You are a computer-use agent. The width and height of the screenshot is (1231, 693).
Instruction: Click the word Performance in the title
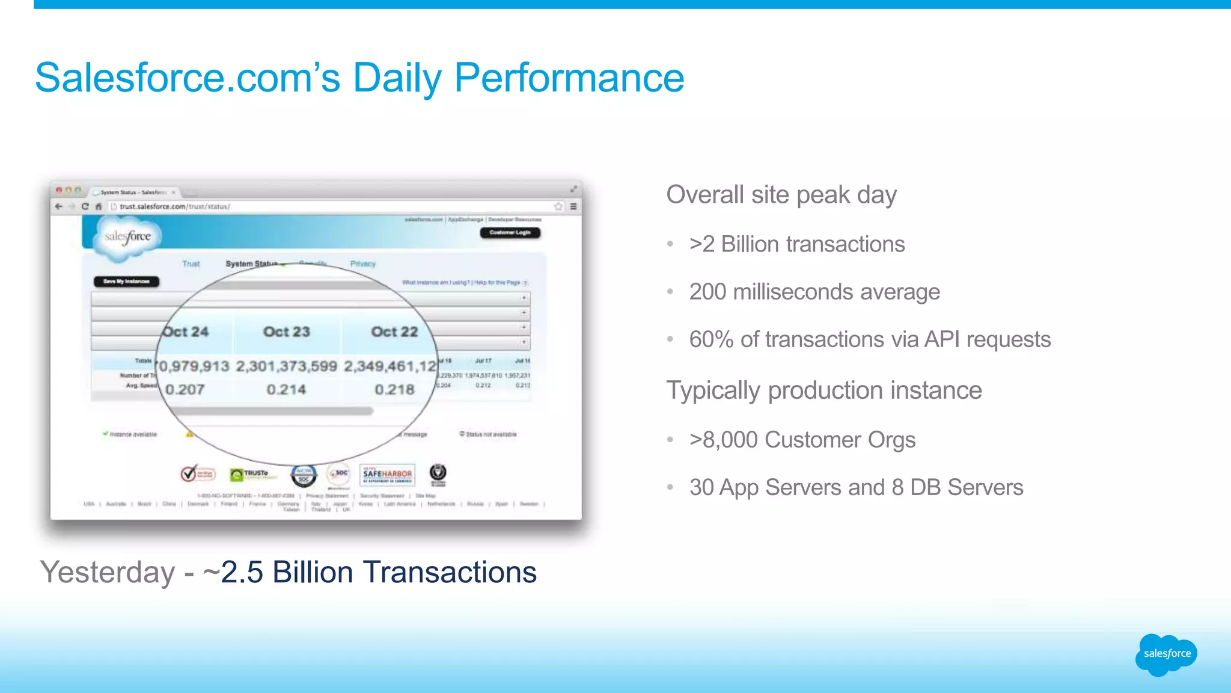[569, 78]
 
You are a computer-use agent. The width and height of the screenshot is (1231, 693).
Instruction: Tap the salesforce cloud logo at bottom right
[1166, 654]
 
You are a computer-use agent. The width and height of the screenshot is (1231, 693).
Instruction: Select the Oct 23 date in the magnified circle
[286, 331]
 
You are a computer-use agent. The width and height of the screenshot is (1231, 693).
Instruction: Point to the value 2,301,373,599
[286, 366]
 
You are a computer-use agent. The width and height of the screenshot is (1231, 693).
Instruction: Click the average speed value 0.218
[394, 390]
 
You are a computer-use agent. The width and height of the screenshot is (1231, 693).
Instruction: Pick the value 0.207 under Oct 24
[185, 390]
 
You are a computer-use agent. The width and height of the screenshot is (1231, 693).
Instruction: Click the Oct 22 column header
[394, 331]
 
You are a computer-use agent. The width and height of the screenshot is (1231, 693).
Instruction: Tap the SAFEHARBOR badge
[387, 475]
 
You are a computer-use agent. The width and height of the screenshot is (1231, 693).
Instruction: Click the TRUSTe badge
[253, 475]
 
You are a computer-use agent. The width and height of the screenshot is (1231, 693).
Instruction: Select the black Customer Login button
[510, 233]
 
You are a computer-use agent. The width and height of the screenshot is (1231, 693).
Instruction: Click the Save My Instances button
[126, 282]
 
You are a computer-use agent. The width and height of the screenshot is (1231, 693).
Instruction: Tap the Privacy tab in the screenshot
[362, 264]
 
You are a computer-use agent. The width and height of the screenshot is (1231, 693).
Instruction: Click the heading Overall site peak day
[781, 195]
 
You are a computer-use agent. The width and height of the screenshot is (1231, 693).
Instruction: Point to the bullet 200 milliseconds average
[814, 292]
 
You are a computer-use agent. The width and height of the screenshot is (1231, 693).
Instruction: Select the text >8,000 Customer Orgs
[802, 440]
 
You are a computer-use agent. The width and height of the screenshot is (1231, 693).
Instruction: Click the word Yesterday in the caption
[108, 572]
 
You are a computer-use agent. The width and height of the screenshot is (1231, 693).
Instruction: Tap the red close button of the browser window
[59, 190]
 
